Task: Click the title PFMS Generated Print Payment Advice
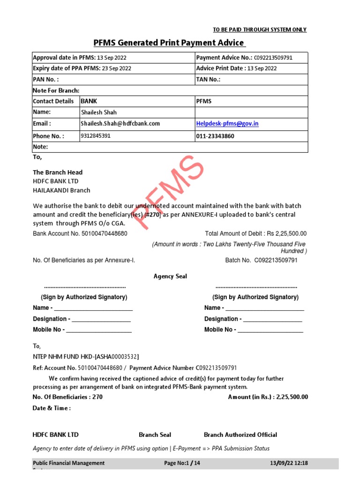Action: click(x=169, y=43)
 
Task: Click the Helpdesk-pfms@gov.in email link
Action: click(x=227, y=124)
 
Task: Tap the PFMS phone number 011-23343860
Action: click(x=216, y=136)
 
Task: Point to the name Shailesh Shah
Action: click(x=99, y=112)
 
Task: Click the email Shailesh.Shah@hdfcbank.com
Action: click(x=120, y=124)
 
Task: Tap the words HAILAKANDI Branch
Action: click(x=61, y=190)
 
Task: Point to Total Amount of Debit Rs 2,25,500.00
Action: click(x=255, y=233)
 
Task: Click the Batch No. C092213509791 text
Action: click(x=261, y=260)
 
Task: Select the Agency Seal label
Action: click(x=170, y=277)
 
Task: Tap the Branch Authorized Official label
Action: click(x=240, y=435)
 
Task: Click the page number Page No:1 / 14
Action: click(x=182, y=463)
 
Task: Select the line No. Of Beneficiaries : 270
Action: click(x=67, y=397)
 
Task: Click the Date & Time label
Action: click(x=52, y=408)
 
